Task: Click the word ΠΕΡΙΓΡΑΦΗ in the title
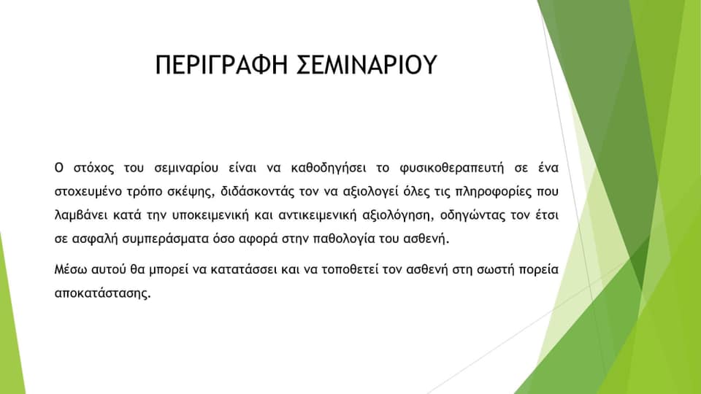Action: (221, 65)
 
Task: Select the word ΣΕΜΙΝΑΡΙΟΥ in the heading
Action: (367, 65)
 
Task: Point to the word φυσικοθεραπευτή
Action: (451, 169)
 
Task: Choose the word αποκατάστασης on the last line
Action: (103, 294)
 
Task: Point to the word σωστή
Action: (495, 270)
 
